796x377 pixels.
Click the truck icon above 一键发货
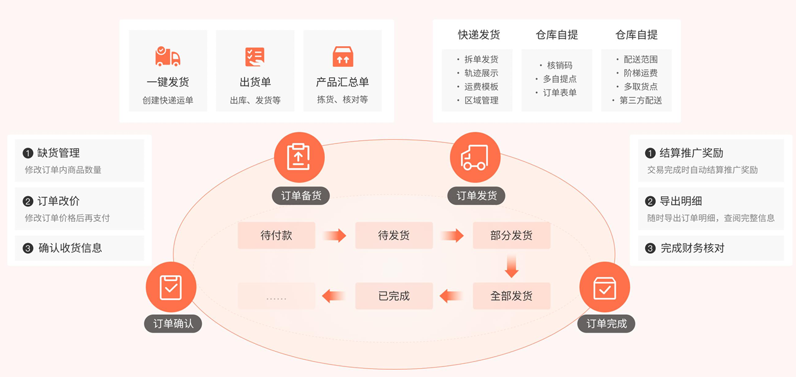[167, 56]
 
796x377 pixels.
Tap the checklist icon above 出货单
[255, 56]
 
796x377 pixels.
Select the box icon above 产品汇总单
[343, 56]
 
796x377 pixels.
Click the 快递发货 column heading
[479, 35]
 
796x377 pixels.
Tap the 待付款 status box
[276, 235]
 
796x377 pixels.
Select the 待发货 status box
[394, 235]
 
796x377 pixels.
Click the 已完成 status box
[394, 296]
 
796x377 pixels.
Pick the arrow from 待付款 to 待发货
[335, 235]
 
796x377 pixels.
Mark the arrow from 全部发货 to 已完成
[452, 296]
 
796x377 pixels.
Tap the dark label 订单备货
[301, 196]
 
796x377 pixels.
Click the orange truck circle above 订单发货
[475, 157]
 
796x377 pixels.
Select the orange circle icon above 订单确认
[171, 287]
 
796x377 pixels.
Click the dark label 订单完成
[606, 324]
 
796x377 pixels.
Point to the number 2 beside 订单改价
[28, 202]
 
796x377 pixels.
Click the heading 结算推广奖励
[691, 153]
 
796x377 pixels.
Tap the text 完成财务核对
[692, 248]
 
